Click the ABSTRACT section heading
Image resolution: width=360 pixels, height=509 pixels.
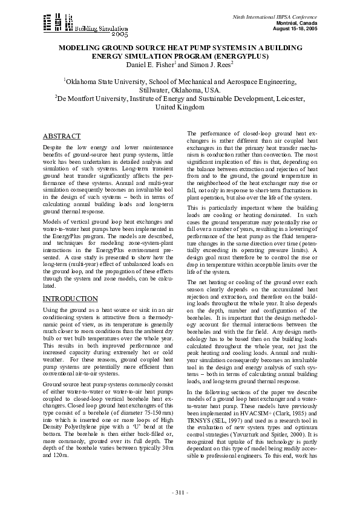(62, 136)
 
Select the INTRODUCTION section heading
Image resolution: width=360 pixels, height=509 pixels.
(70, 299)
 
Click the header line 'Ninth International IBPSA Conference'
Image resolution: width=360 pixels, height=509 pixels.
(283, 13)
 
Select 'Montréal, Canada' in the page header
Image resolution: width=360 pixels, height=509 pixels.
(296, 21)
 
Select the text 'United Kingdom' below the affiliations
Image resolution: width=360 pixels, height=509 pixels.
(180, 107)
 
